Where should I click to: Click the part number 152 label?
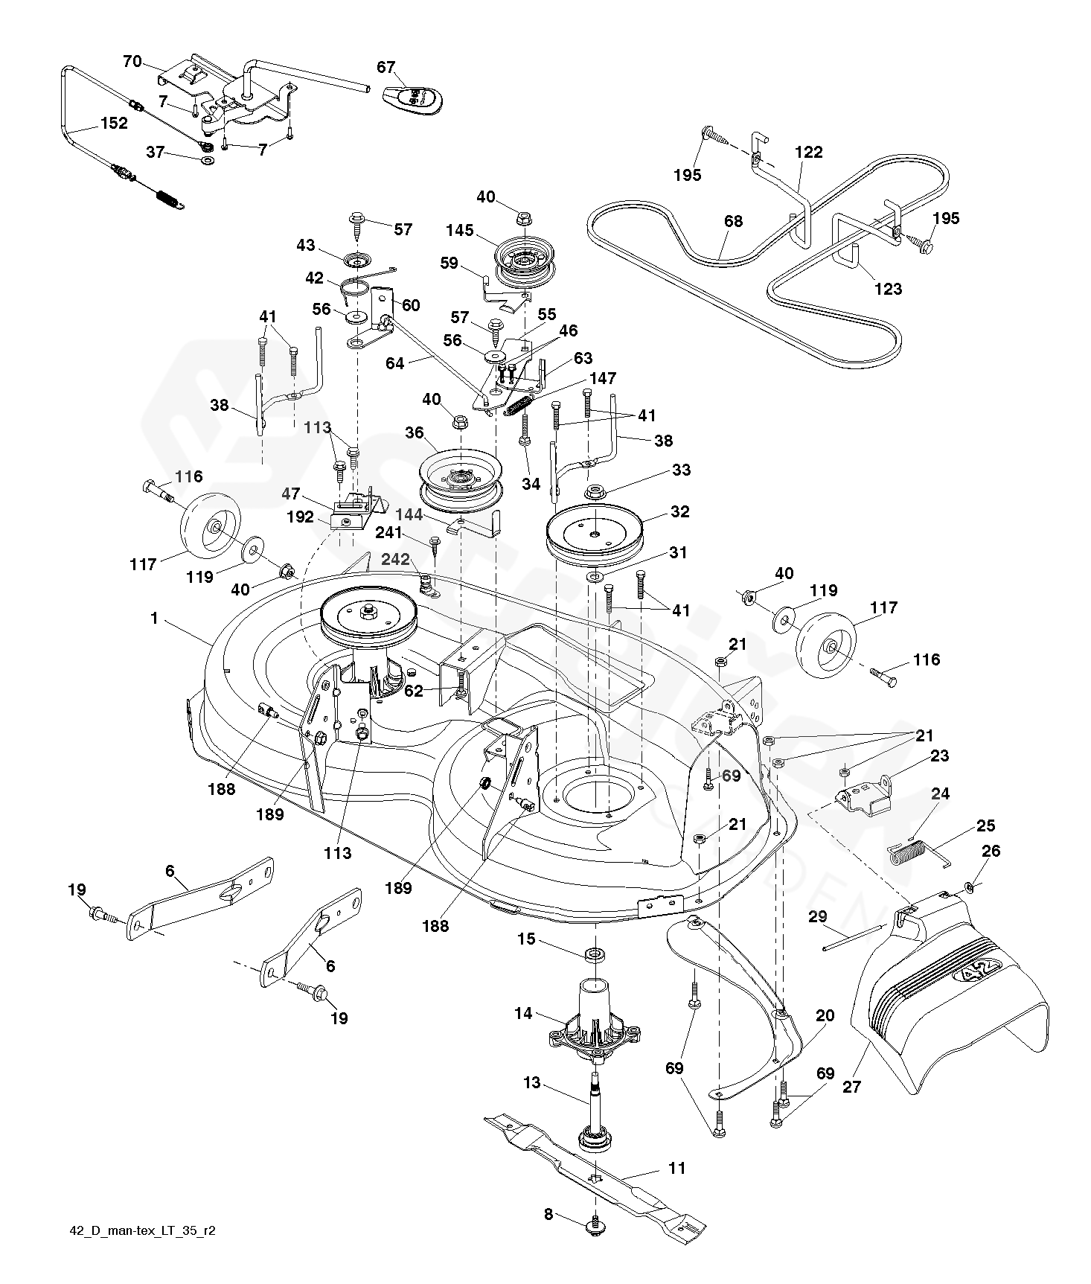point(114,124)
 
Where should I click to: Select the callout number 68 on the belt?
point(733,221)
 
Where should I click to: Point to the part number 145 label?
point(460,231)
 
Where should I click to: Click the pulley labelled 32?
point(595,532)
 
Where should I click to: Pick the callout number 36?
point(414,432)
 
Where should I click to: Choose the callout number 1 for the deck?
point(154,619)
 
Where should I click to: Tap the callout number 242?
point(396,559)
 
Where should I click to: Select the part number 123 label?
point(888,289)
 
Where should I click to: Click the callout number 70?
point(132,62)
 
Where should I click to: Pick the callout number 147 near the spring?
point(602,379)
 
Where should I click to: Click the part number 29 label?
point(817,916)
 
